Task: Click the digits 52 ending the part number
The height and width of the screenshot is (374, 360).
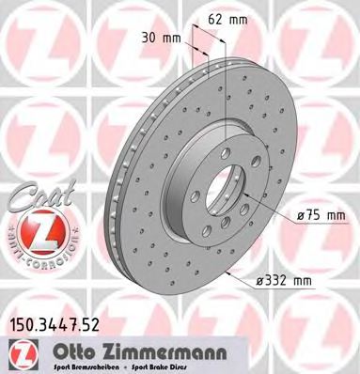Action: coord(93,325)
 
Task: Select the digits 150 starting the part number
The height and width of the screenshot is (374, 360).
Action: coord(19,325)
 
